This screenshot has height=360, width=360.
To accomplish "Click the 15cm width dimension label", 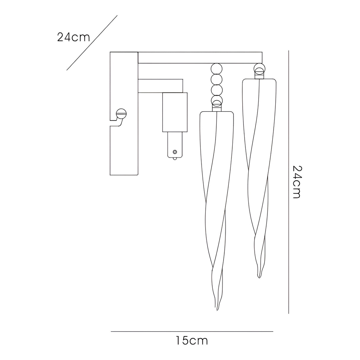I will pos(192,341).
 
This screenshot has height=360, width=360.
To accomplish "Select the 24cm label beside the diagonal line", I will pos(73,37).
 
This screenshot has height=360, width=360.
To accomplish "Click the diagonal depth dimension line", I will pos(92,43).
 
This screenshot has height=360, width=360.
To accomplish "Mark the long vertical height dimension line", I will pos(289,182).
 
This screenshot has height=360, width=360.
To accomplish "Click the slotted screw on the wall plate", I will pos(122,112).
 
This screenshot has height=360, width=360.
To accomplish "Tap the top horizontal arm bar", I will pos(200,58).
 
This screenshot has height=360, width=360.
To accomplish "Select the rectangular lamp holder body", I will pos(175,112).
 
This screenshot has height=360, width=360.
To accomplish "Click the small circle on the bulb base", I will pos(175,152).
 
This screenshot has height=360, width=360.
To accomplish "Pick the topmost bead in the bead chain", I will pos(216,69).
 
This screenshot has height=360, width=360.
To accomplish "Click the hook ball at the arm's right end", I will pos(259,68).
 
